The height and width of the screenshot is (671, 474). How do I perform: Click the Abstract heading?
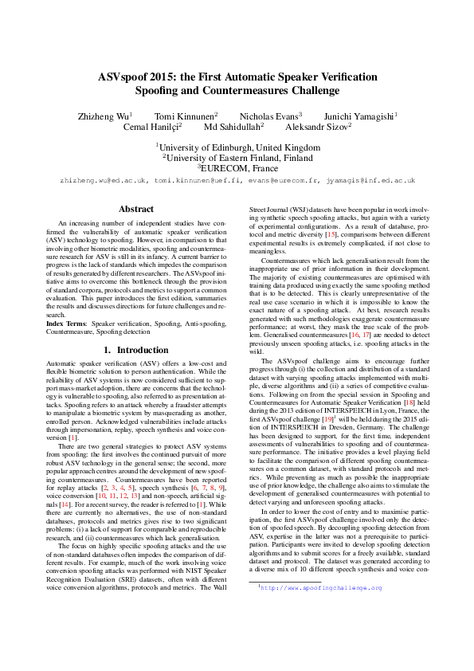tap(135, 210)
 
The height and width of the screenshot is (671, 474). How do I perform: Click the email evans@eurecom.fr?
tap(279, 181)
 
